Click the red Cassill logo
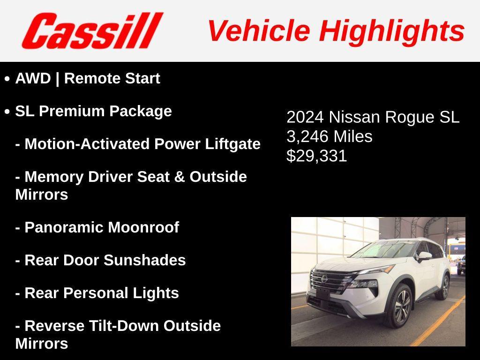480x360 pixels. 92,30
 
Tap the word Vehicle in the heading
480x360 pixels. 258,31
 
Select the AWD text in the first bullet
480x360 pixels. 33,78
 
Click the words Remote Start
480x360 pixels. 112,78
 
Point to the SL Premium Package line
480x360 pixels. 93,111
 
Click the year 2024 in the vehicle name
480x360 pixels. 305,117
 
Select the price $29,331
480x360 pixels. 317,156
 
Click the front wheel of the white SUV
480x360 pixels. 399,306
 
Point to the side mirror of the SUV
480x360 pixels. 425,256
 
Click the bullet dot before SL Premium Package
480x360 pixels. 7,112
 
